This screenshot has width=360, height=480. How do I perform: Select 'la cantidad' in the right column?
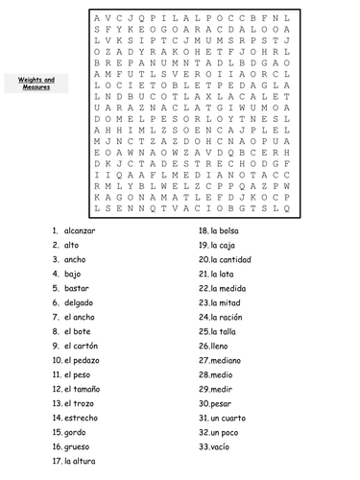click(231, 259)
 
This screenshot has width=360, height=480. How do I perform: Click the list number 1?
click(56, 231)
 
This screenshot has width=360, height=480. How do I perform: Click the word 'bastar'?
click(78, 288)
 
